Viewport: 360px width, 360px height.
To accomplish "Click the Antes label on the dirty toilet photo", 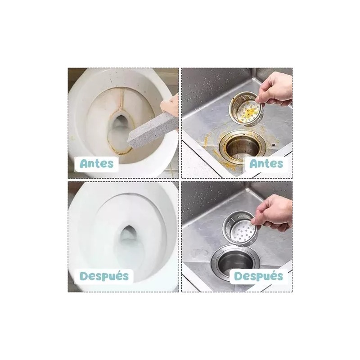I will (x=97, y=163).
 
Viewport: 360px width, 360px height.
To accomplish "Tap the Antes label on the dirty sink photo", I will (x=266, y=163).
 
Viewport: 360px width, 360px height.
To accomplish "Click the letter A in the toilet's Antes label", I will (x=85, y=163).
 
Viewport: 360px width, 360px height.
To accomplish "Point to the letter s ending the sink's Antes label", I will (x=279, y=163).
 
